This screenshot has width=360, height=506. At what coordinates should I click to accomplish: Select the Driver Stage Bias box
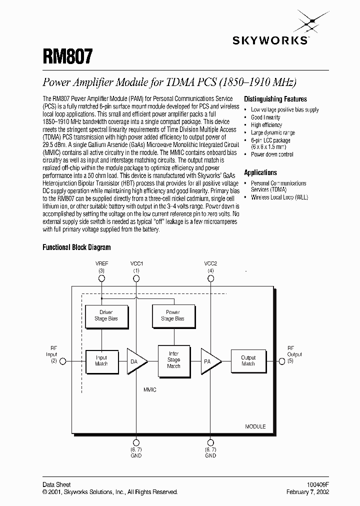[105, 315]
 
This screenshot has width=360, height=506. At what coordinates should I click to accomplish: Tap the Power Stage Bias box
[172, 315]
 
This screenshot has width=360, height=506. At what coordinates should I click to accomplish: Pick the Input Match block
[101, 360]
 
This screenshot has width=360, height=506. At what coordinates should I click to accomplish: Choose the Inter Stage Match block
[173, 359]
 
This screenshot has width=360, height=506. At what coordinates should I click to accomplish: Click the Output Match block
[248, 360]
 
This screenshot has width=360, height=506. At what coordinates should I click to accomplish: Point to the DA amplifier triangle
[135, 360]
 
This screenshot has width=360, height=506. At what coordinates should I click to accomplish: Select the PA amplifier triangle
[208, 360]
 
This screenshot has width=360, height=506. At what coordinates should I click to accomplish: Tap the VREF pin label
[101, 263]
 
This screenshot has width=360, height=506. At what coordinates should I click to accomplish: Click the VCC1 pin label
[136, 263]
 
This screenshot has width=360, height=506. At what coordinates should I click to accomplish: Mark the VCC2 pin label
[210, 263]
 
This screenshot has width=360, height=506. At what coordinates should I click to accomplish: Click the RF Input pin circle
[63, 360]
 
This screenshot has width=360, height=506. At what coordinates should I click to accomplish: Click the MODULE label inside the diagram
[255, 427]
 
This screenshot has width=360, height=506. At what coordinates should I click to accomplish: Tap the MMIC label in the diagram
[149, 389]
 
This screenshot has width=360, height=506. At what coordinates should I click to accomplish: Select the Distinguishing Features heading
[275, 99]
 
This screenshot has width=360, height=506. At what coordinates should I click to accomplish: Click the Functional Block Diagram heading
[76, 247]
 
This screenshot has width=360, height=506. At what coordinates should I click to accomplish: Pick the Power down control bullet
[272, 154]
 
